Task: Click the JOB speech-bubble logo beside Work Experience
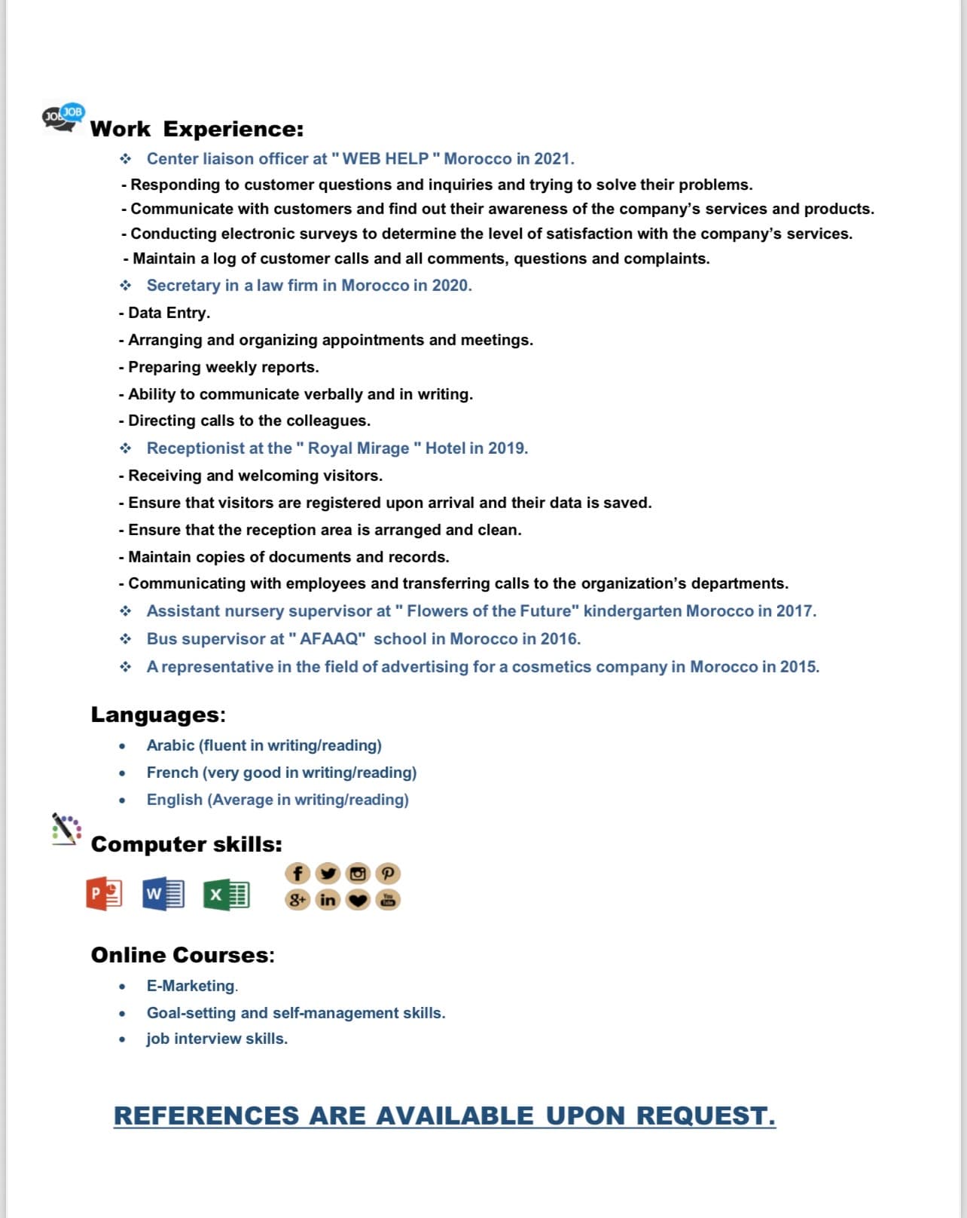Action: pos(63,117)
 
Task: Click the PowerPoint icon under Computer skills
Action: pos(105,894)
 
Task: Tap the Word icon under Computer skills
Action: pos(163,894)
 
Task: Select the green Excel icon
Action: pos(226,895)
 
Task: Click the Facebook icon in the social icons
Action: pos(297,874)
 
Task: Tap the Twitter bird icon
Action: pos(328,874)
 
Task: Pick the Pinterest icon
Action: pos(388,874)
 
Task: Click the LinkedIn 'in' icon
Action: pos(328,899)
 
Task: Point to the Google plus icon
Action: pos(297,899)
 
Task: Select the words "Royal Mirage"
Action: pos(358,448)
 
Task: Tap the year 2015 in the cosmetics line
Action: pos(798,667)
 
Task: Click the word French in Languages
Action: pos(172,773)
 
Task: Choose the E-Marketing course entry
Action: pos(191,986)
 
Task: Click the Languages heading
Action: pos(158,715)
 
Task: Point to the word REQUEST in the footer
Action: pos(706,1115)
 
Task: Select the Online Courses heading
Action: pos(182,955)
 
